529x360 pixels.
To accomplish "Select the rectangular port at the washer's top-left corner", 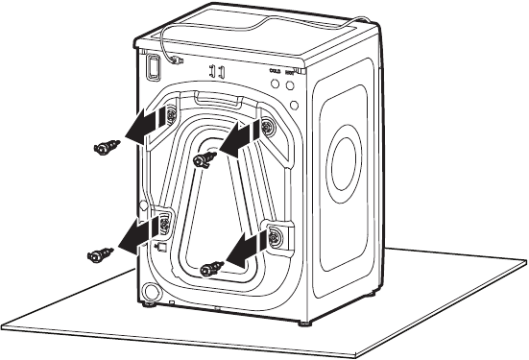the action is tap(151, 64).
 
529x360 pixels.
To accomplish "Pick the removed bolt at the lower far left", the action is tap(98, 254).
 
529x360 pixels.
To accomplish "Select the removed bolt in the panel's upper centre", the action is tap(203, 159).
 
